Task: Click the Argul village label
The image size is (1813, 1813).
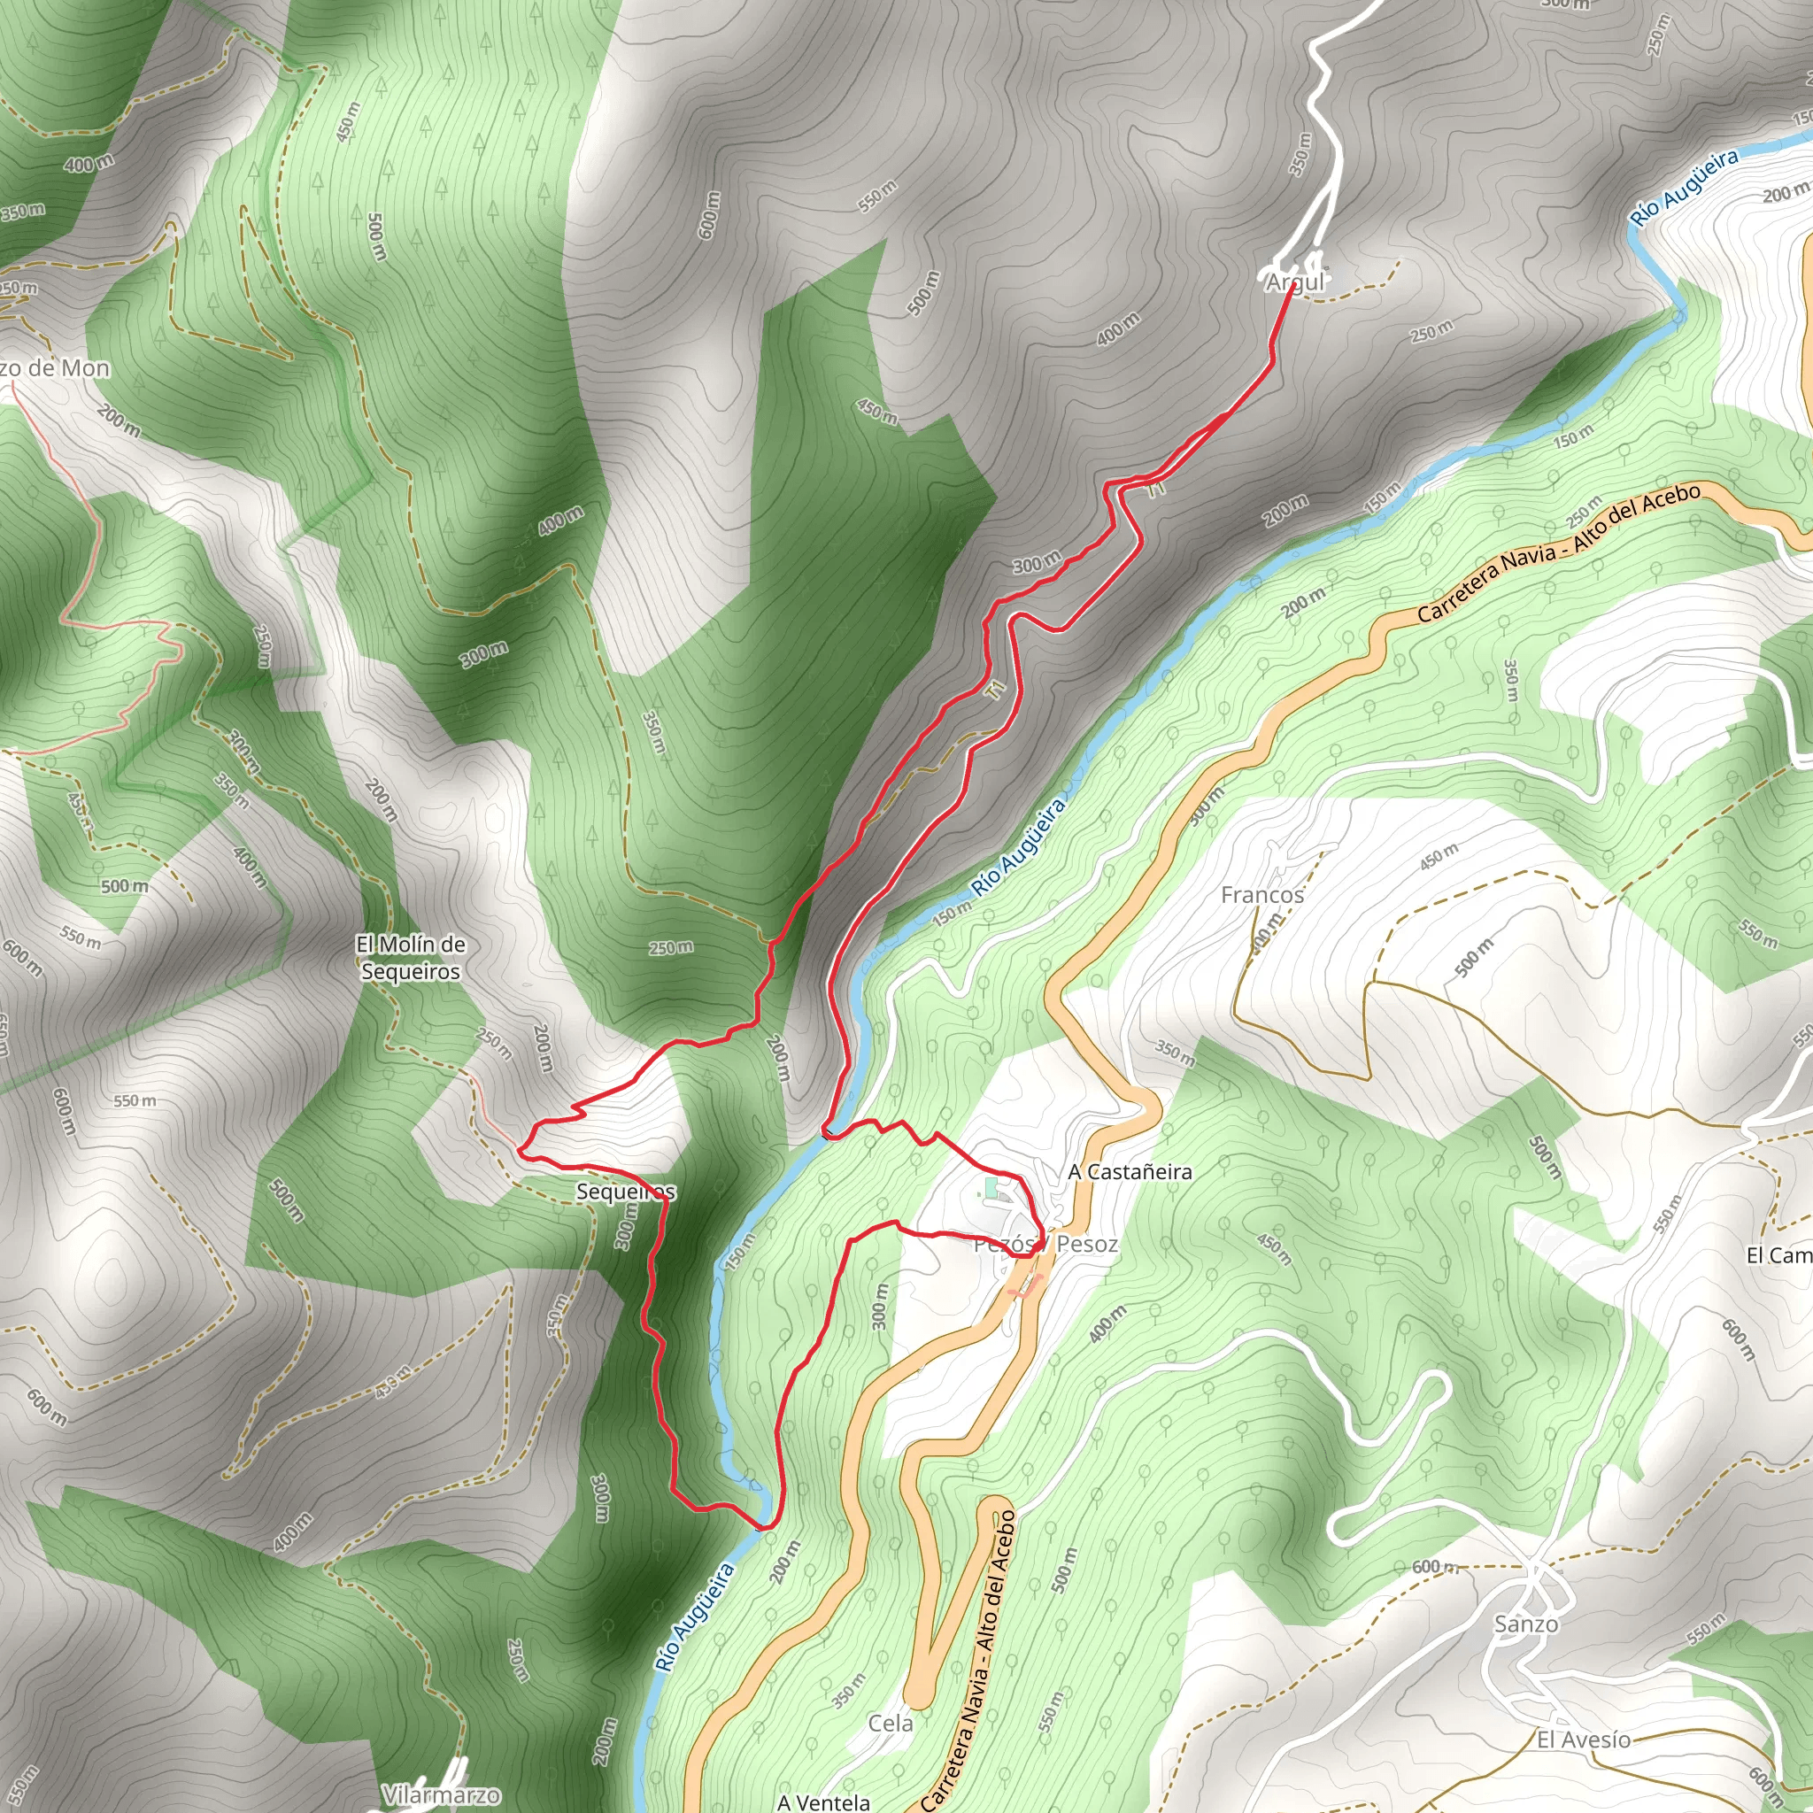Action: (x=1294, y=282)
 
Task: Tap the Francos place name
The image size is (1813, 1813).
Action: (x=1262, y=895)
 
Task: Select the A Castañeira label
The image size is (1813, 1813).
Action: (x=1130, y=1171)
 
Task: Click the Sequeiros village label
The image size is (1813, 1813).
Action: (x=626, y=1192)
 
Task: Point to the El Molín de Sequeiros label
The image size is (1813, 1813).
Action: (x=411, y=958)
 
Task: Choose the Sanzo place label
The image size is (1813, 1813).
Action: (x=1526, y=1624)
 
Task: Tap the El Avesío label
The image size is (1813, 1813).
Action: (x=1583, y=1739)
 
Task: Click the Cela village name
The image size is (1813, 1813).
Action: (x=890, y=1723)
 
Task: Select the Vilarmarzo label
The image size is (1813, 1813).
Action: (x=441, y=1795)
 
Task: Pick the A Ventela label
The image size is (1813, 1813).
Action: (x=823, y=1802)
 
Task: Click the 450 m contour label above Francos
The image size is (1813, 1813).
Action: (x=1439, y=857)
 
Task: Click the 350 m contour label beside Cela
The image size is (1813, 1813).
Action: (x=848, y=1690)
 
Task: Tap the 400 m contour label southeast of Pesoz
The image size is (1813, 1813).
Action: (x=1107, y=1324)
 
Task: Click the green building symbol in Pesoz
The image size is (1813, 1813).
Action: (x=991, y=1189)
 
